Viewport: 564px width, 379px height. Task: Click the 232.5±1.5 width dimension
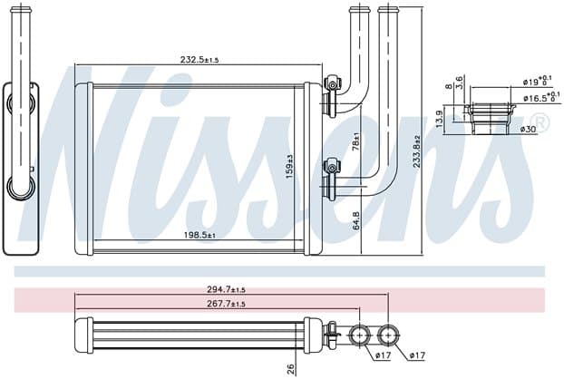199,60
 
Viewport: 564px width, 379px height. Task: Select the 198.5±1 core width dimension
199,235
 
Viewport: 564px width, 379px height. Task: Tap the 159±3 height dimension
289,167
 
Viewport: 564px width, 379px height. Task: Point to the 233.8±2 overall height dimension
416,151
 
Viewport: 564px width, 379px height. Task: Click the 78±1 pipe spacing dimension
355,141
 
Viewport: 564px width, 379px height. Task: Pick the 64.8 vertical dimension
356,221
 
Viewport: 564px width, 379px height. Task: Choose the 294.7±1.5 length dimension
227,289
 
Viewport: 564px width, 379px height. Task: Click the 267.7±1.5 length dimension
227,304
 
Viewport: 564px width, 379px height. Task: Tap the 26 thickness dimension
291,369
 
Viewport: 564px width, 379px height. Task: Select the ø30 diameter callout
528,129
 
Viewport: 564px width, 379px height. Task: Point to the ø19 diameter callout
538,81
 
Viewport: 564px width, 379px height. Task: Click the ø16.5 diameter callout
541,97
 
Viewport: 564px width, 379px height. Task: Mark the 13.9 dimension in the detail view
439,119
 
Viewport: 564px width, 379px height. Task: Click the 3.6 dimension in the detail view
459,83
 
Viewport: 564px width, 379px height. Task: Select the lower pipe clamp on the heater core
331,167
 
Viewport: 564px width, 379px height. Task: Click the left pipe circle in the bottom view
360,335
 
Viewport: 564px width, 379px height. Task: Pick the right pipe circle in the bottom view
388,335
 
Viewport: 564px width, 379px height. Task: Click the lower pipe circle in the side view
21,187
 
